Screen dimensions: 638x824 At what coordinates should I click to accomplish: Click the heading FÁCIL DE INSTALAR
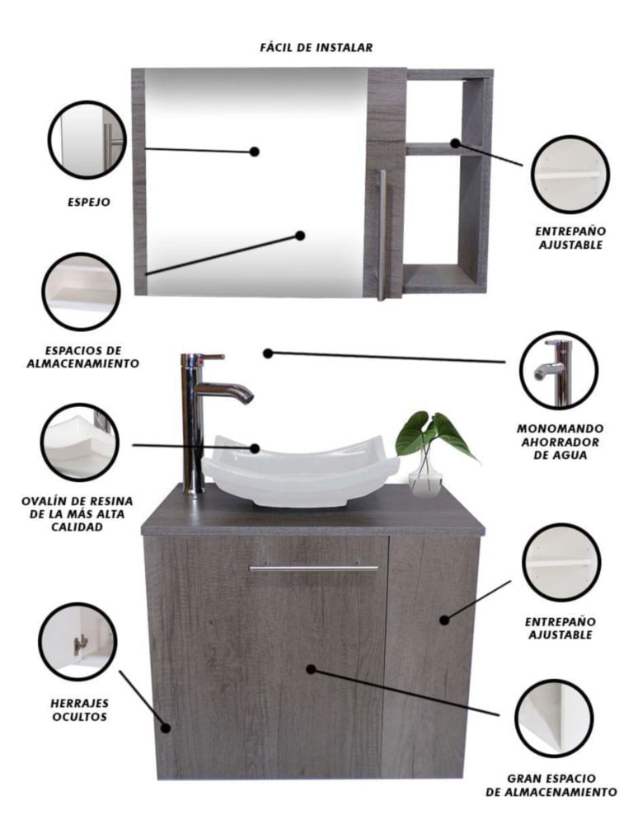(x=317, y=47)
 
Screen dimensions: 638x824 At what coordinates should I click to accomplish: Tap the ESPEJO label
(x=89, y=202)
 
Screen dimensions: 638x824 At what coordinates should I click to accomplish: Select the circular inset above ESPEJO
(x=87, y=140)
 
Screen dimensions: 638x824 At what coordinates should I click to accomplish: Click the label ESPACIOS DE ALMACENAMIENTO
(x=83, y=357)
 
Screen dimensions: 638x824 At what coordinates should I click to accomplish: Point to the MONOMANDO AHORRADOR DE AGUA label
(x=561, y=442)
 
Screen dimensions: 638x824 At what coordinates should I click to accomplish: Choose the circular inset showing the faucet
(x=559, y=371)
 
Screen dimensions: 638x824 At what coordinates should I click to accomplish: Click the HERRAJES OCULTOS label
(x=79, y=710)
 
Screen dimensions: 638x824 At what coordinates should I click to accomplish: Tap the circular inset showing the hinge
(x=77, y=642)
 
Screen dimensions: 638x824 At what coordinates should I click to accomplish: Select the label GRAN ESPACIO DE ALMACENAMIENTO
(x=551, y=785)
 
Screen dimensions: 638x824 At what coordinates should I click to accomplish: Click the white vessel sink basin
(x=301, y=471)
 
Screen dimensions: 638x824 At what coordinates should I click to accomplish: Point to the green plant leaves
(x=435, y=433)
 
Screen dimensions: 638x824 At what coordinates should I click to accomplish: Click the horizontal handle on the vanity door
(x=314, y=568)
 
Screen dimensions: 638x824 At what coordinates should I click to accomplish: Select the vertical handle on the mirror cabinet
(x=382, y=235)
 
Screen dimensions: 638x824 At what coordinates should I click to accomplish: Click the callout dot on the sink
(x=255, y=448)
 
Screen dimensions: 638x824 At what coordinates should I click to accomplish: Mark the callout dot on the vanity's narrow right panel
(x=444, y=620)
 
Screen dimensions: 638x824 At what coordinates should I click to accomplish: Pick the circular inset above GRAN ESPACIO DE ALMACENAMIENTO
(x=554, y=719)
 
